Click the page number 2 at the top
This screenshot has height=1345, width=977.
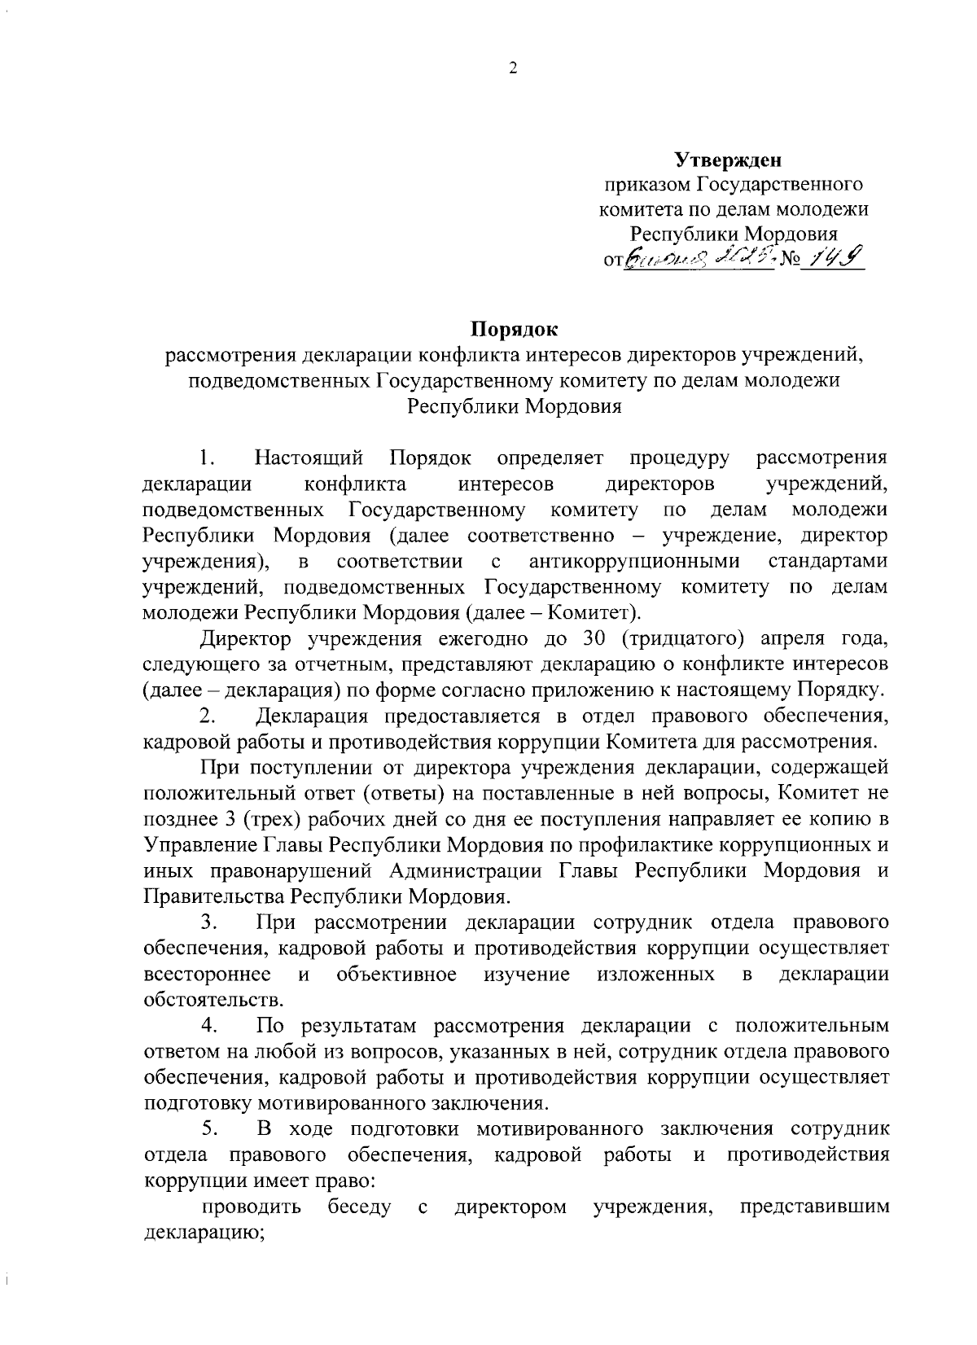513,70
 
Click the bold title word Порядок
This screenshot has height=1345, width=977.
514,331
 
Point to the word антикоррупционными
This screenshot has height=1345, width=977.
634,562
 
